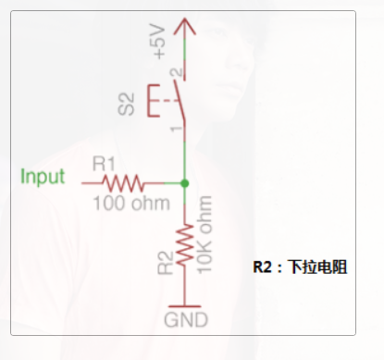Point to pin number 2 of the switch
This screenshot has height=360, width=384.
(174, 71)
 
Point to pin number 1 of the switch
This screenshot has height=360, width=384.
(174, 128)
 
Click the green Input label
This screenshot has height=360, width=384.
(43, 177)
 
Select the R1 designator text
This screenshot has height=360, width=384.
(104, 164)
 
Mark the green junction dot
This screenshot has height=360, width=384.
(185, 182)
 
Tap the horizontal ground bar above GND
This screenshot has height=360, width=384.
(185, 305)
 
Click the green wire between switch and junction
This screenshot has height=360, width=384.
(185, 153)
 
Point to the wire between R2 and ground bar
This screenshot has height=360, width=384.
(185, 289)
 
